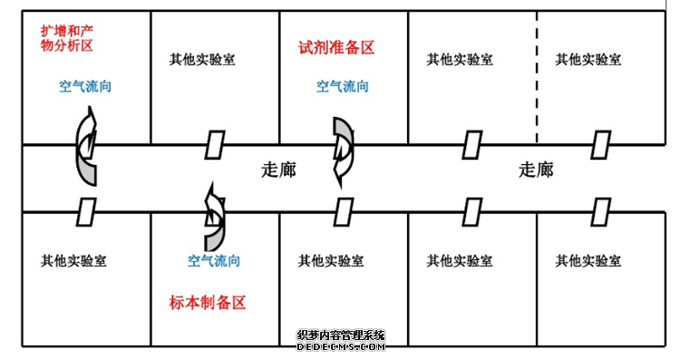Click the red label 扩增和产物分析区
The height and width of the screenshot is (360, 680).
tap(67, 38)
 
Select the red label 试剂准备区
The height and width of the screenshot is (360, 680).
tap(335, 48)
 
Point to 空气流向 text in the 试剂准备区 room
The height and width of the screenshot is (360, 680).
tap(343, 87)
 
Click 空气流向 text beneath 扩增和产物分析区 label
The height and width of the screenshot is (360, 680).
tap(85, 87)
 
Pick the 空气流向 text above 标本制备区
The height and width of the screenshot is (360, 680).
tap(214, 260)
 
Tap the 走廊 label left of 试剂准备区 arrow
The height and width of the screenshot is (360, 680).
tap(278, 170)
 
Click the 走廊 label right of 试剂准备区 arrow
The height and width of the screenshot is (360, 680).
tap(536, 170)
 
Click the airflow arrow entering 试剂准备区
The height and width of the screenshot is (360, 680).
tap(343, 150)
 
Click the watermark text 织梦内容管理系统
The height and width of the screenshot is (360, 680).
tap(341, 335)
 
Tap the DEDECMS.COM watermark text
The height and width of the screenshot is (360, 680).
tap(342, 345)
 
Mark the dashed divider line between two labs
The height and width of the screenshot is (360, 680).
tap(537, 77)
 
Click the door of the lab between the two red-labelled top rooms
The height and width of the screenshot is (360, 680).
tap(214, 144)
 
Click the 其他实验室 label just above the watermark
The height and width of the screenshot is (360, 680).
tap(331, 260)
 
